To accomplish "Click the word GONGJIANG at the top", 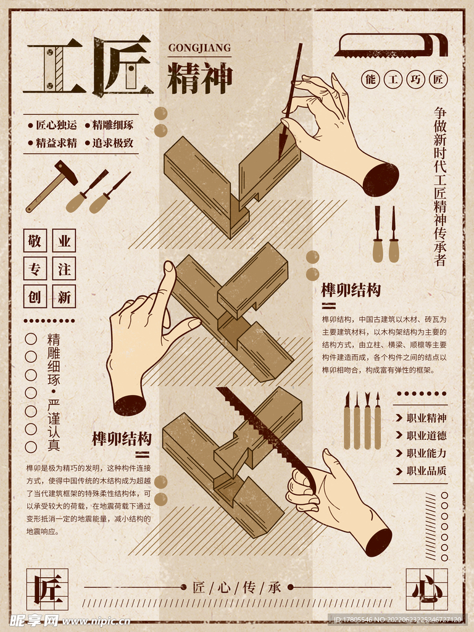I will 199,48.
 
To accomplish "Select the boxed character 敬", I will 35,241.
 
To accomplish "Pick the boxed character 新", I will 64,297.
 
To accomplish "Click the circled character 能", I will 370,80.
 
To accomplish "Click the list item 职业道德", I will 426,436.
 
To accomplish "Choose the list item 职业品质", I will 426,470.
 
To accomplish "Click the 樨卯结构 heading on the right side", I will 351,290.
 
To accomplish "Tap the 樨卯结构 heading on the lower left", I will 122,439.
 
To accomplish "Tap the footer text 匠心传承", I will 237,587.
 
